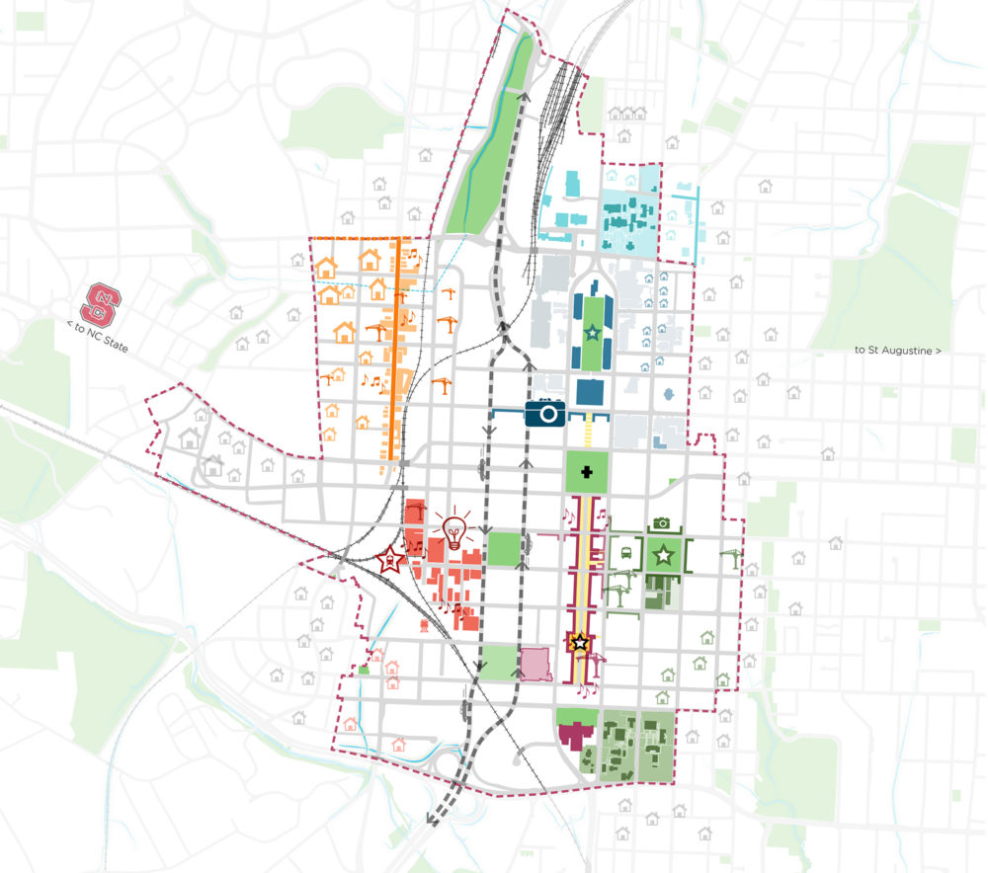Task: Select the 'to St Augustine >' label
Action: [x=898, y=351]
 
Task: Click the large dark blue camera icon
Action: [x=544, y=413]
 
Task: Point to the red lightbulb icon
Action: [x=453, y=531]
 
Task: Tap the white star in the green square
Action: [x=663, y=556]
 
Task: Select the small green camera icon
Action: [x=662, y=523]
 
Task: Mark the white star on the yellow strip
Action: [x=581, y=643]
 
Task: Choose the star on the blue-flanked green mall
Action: [x=592, y=335]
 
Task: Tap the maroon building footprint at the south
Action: [x=572, y=735]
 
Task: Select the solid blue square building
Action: [x=592, y=392]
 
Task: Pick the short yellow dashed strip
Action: [x=590, y=430]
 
